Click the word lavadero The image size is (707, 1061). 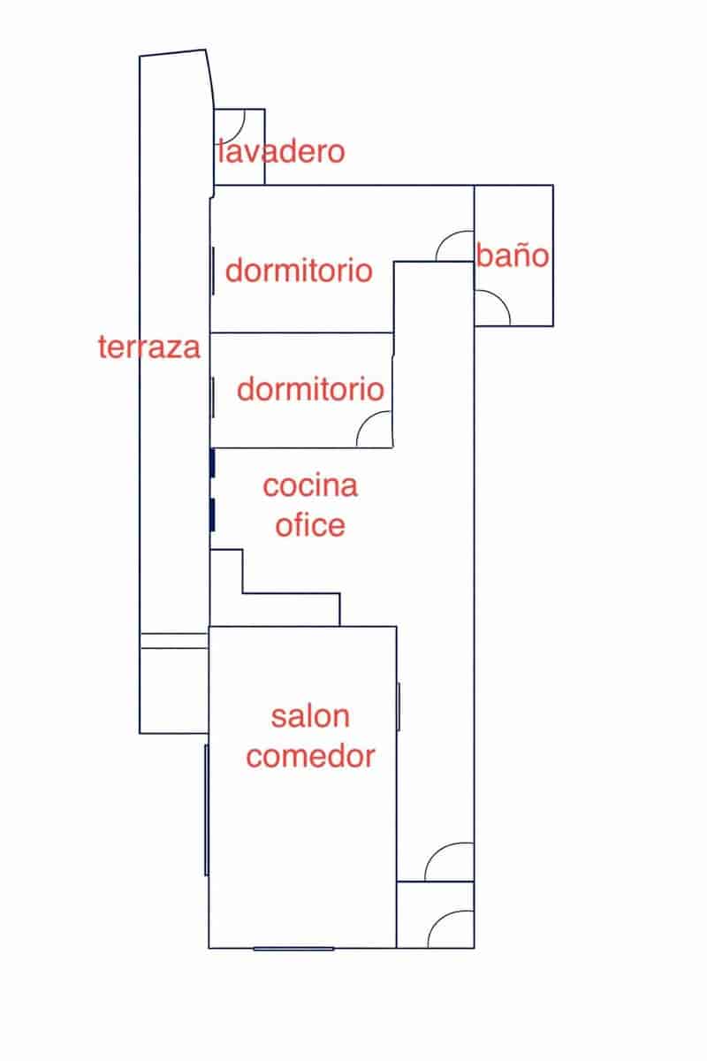(282, 151)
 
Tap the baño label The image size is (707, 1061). (513, 255)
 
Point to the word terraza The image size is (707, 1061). (149, 347)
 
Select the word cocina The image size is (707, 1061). (310, 486)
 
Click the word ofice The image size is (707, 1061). (310, 525)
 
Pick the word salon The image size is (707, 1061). (310, 716)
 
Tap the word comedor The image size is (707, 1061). (311, 756)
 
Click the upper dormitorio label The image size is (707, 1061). (299, 270)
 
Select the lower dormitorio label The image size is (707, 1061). (311, 389)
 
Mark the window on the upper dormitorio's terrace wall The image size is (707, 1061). (214, 271)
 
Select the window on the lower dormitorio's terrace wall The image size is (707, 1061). (214, 397)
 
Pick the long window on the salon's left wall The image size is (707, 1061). (207, 810)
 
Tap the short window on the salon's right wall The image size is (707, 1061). (399, 706)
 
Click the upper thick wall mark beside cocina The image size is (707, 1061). (213, 462)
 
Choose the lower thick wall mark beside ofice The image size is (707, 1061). (213, 515)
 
